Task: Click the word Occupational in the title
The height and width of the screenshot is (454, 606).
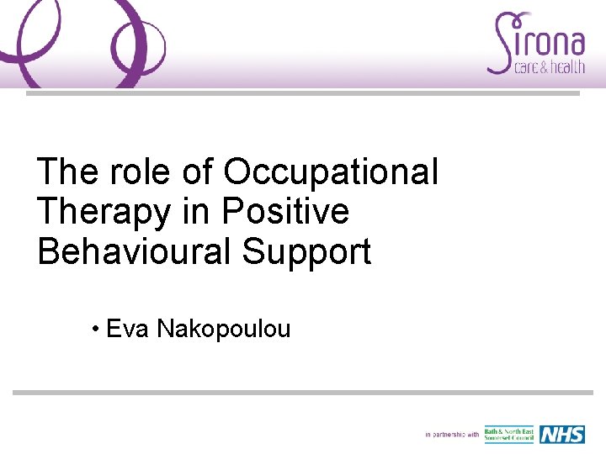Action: [x=331, y=172]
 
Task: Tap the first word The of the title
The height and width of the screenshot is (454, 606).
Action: [x=66, y=172]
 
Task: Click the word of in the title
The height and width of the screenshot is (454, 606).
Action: [x=198, y=172]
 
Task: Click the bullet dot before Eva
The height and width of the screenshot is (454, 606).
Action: [x=98, y=329]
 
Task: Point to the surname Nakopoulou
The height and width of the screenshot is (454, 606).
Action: [x=223, y=329]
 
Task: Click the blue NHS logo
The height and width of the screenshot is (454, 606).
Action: [x=561, y=435]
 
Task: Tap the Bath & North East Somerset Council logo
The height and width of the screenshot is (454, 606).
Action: [x=508, y=435]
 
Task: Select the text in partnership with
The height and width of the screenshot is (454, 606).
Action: [x=452, y=435]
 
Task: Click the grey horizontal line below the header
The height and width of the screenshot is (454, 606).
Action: [x=303, y=93]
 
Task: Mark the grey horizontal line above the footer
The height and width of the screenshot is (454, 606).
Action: [x=303, y=392]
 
